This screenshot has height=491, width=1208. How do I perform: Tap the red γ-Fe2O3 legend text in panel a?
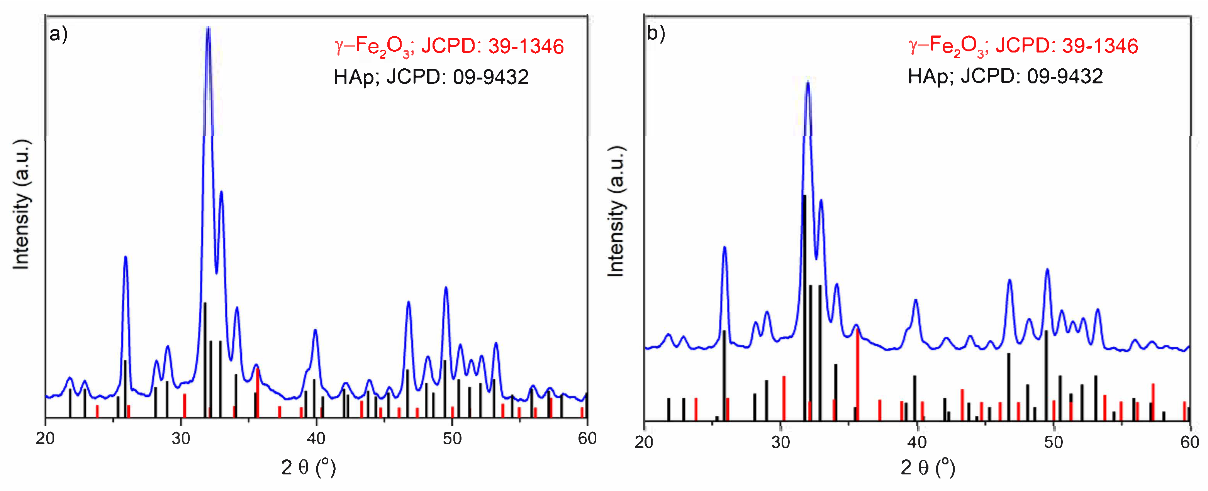point(449,46)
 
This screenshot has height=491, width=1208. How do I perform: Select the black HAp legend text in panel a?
point(431,77)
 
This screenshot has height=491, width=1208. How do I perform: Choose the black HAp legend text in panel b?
point(1005,76)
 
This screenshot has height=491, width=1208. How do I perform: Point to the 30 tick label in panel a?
point(181,439)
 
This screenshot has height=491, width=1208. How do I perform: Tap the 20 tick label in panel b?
point(644,442)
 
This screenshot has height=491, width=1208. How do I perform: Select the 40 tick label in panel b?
point(917,442)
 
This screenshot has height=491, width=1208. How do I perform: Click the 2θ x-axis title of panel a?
point(309,467)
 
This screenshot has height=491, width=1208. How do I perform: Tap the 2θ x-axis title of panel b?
point(928,467)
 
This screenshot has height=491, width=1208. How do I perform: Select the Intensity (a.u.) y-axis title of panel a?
point(21,205)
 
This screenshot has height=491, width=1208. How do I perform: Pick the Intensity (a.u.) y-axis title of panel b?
point(616,211)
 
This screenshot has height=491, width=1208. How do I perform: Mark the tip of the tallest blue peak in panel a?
point(208,28)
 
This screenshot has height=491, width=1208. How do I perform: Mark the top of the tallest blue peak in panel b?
point(808,83)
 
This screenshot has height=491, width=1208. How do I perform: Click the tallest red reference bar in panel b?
point(858,375)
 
